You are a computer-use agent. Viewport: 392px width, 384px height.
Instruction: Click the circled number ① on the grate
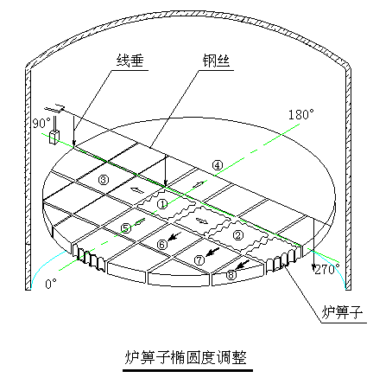(x=162, y=204)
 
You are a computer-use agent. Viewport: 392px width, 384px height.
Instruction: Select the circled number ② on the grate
(x=238, y=235)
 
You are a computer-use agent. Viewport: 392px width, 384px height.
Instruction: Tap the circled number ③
(x=104, y=180)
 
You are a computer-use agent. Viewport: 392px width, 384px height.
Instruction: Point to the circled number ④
(x=218, y=165)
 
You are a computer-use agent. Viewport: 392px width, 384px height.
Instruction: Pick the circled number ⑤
(x=126, y=228)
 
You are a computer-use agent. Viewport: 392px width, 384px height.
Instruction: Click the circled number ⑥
(x=162, y=245)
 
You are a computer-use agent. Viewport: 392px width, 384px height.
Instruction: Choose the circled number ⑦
(x=199, y=260)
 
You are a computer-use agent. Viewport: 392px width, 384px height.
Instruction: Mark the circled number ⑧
(x=231, y=275)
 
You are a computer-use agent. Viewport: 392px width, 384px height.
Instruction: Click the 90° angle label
(x=41, y=123)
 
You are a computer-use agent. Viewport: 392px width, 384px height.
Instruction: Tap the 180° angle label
(x=301, y=114)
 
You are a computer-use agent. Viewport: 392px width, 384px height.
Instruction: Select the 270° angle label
(x=327, y=270)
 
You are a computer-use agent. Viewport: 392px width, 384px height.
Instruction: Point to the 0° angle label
(x=51, y=284)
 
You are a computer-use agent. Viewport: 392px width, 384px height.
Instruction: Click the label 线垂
(x=130, y=61)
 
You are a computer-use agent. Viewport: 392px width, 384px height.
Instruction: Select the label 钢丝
(x=216, y=61)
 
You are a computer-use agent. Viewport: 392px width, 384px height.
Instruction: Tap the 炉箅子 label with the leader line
(x=342, y=312)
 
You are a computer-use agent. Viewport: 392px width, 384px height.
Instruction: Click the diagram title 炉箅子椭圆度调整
(x=186, y=357)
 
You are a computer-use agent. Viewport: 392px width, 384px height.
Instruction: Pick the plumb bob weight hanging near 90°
(x=54, y=138)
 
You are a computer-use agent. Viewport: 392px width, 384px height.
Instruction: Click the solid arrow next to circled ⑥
(x=174, y=236)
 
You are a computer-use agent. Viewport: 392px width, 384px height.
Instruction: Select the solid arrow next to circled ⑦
(x=212, y=253)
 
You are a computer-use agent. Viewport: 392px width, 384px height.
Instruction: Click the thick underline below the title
(x=187, y=371)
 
